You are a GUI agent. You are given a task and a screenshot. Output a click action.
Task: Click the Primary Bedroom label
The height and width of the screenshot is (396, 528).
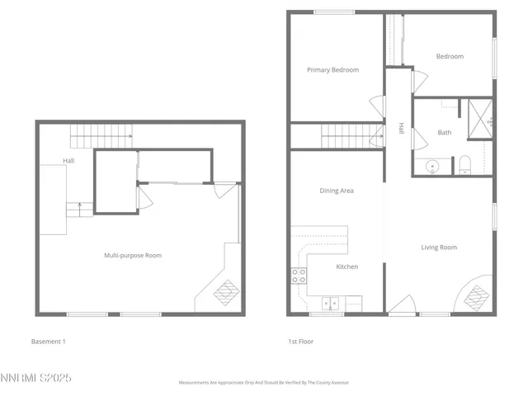coord(332,70)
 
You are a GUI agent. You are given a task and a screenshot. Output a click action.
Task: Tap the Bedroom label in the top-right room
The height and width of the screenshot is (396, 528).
coord(450,56)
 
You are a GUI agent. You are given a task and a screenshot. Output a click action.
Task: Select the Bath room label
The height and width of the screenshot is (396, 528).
coord(445,132)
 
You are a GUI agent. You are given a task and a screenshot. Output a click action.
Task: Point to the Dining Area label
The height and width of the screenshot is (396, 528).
coord(337,191)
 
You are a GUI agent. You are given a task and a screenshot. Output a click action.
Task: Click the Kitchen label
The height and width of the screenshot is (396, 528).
coord(346,266)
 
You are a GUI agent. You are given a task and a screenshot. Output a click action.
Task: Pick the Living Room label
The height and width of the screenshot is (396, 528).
coord(439,247)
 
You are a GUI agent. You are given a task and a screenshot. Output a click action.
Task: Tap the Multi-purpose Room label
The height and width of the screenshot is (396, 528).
coord(133,256)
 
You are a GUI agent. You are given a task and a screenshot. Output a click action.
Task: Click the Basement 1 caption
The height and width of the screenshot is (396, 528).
coord(48,341)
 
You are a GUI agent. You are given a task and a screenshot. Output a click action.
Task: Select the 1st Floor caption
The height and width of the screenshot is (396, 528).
coord(300,341)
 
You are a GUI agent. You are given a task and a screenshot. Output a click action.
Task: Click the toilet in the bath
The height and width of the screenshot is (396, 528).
coord(464,164)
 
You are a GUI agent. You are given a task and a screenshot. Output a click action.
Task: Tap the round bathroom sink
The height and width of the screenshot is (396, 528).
coord(431,166)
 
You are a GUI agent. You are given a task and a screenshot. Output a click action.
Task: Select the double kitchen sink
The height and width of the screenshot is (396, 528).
coord(332,302)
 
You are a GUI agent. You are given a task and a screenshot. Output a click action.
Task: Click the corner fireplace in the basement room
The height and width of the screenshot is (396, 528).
coord(225,292)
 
